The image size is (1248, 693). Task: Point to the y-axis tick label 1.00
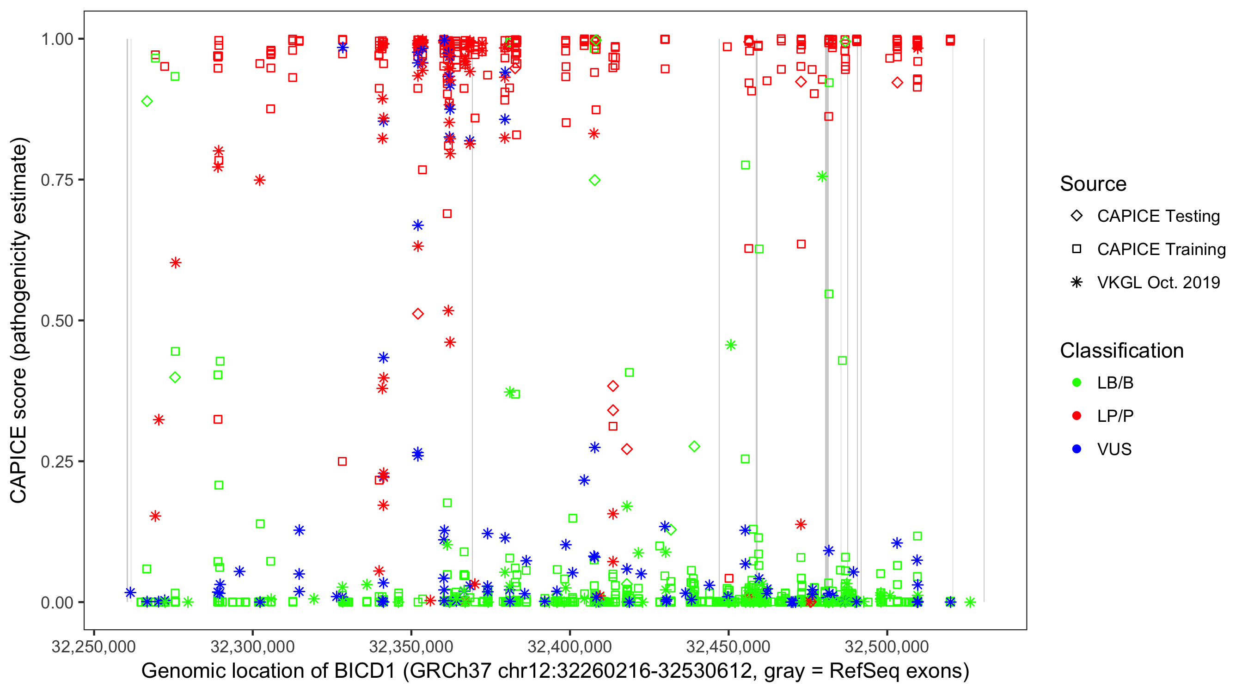point(57,39)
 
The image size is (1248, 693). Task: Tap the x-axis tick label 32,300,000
point(252,646)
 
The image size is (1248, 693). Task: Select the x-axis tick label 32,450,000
point(728,646)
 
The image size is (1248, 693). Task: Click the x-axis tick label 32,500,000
point(887,646)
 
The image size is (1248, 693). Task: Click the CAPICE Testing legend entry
point(1158,216)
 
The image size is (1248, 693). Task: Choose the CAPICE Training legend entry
point(1161,249)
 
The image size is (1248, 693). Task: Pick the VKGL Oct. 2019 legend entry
point(1158,282)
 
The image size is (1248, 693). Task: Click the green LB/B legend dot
point(1077,383)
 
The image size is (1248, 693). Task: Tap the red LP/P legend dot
point(1077,416)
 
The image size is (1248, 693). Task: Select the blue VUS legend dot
point(1077,449)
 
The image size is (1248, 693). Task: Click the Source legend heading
point(1093,184)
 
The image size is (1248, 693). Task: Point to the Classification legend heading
point(1121,351)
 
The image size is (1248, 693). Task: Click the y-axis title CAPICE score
point(19,320)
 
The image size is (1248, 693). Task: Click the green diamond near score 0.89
point(147,101)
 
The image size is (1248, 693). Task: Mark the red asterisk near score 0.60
point(175,263)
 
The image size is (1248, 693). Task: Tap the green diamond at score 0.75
point(595,180)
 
